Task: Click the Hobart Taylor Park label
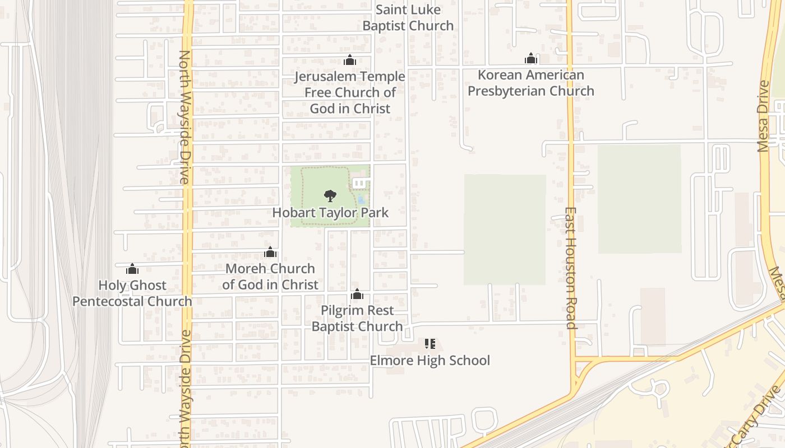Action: pyautogui.click(x=330, y=213)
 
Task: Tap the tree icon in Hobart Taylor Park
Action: pyautogui.click(x=330, y=196)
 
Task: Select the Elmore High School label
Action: pyautogui.click(x=430, y=360)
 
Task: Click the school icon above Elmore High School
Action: pyautogui.click(x=430, y=344)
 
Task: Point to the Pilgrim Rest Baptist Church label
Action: pyautogui.click(x=357, y=318)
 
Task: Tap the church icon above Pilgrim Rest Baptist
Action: pyautogui.click(x=357, y=294)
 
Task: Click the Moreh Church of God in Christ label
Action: pyautogui.click(x=270, y=277)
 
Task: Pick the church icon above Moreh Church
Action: pyautogui.click(x=270, y=253)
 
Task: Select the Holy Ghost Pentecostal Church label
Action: pyautogui.click(x=132, y=293)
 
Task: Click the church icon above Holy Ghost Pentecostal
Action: pyautogui.click(x=132, y=269)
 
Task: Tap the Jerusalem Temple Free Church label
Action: pyautogui.click(x=350, y=92)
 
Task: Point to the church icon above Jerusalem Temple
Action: pyautogui.click(x=350, y=60)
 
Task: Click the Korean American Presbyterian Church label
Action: pyautogui.click(x=531, y=83)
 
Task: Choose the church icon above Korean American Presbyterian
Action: pyautogui.click(x=531, y=58)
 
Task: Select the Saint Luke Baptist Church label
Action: pyautogui.click(x=408, y=17)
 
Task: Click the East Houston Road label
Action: pyautogui.click(x=570, y=269)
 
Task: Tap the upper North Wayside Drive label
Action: pyautogui.click(x=184, y=118)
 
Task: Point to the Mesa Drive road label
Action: pyautogui.click(x=763, y=116)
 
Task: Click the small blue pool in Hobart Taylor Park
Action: pyautogui.click(x=362, y=199)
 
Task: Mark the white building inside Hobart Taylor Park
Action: pyautogui.click(x=360, y=183)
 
